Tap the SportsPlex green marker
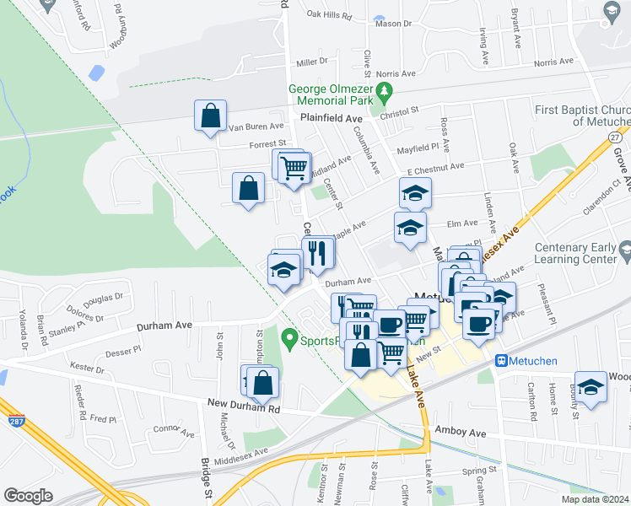pos(289,341)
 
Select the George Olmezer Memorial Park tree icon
pos(385,89)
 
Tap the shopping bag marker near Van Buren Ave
pos(210,116)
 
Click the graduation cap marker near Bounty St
pos(591,387)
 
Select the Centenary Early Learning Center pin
pos(624,250)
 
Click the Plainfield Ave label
pos(331,119)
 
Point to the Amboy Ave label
pos(461,432)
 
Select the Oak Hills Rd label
pos(329,15)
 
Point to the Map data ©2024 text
pos(594,499)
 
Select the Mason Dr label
pos(393,24)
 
